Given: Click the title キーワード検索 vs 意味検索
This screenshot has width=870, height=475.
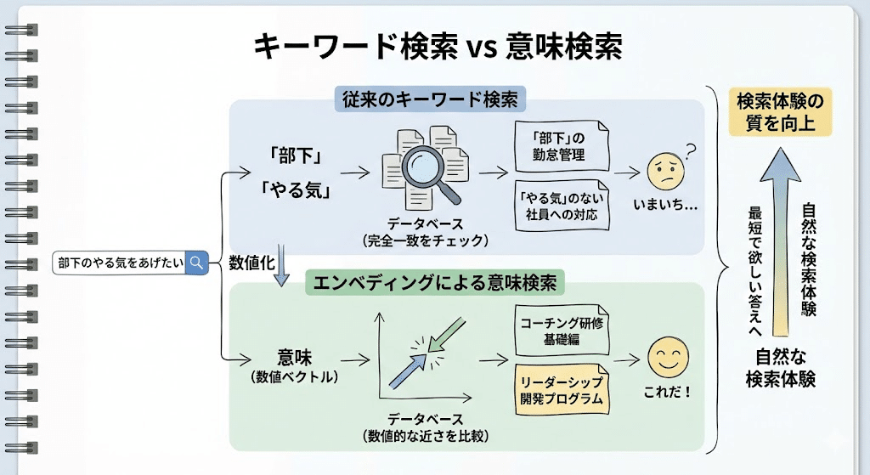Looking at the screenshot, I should point(438,45).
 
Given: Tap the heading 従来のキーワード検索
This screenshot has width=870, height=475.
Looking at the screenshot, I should point(430,99).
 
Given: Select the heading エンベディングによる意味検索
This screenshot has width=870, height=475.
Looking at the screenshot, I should point(436,283).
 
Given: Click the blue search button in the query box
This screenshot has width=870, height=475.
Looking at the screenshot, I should point(197,263).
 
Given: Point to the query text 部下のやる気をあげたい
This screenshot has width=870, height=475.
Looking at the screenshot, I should point(120,263).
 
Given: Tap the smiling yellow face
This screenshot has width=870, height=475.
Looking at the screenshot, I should point(668,357).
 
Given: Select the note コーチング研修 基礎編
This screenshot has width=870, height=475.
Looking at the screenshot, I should point(562,331).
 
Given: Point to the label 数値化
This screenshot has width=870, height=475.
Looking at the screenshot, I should point(251,263).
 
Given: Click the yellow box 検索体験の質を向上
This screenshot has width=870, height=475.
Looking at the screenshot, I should point(779,111).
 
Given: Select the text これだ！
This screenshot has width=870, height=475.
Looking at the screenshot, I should point(669,393).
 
